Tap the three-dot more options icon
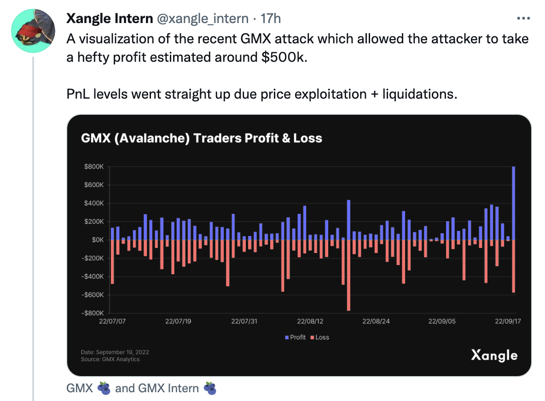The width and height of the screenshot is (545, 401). tap(524, 18)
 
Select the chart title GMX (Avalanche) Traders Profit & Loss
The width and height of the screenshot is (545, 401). tap(202, 138)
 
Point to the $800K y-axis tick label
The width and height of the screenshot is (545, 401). tap(94, 167)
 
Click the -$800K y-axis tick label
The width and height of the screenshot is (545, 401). tap(93, 313)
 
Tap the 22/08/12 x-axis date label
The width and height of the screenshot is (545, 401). tap(310, 321)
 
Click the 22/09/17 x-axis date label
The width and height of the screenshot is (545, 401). tap(508, 321)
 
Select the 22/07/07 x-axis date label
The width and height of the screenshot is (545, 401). tap(112, 321)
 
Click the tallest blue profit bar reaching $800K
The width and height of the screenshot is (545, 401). tap(514, 203)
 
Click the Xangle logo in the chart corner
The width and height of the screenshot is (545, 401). tap(494, 355)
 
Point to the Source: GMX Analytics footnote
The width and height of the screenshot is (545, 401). tap(110, 359)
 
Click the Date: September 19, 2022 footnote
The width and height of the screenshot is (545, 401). tap(115, 352)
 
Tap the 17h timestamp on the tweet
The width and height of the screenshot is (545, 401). tap(271, 18)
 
